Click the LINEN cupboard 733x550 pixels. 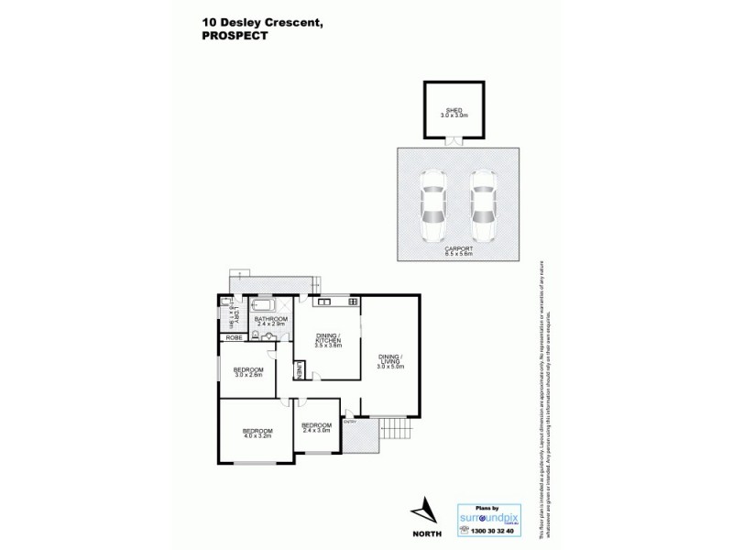(299, 371)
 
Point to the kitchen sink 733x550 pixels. (323, 301)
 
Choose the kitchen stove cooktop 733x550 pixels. (353, 301)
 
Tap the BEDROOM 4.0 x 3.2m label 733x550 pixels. (257, 433)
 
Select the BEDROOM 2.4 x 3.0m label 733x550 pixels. (316, 427)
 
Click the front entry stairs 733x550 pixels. (393, 427)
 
